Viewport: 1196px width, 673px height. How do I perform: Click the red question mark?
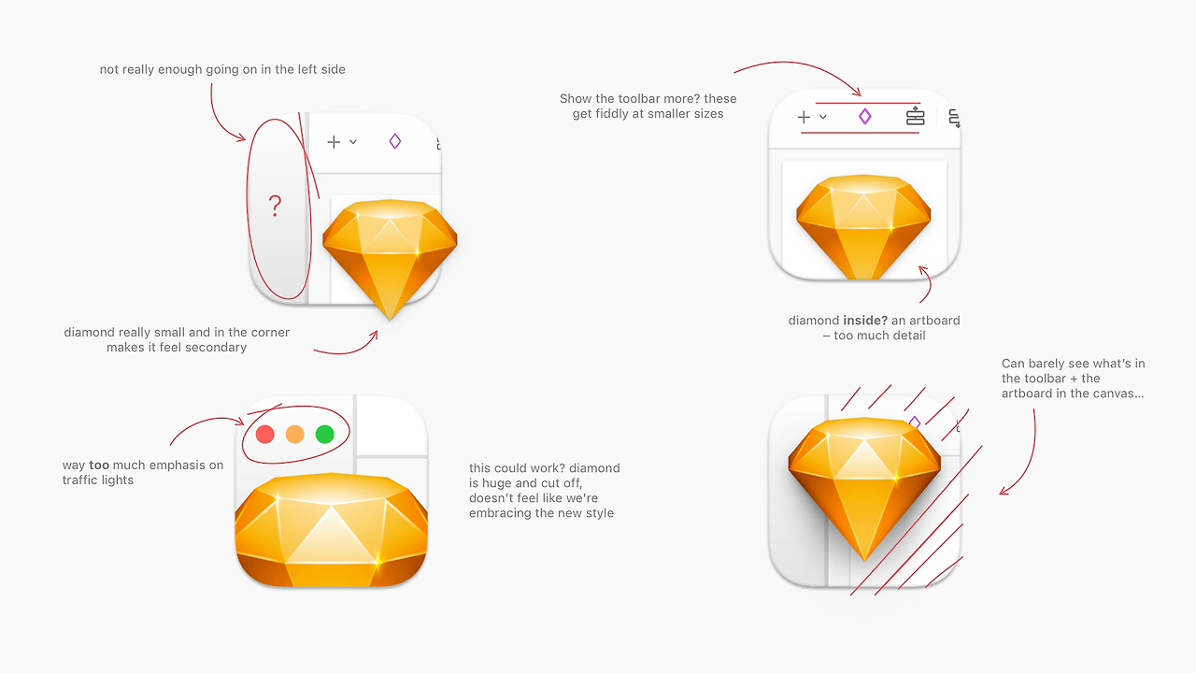(x=275, y=206)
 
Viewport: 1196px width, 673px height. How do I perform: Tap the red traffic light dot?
(x=265, y=435)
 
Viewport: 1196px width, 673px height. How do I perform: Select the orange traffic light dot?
(x=294, y=435)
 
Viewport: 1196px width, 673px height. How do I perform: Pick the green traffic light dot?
(x=324, y=435)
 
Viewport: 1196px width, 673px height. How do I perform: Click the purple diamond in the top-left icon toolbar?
(x=395, y=141)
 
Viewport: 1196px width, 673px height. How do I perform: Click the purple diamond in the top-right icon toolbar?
(x=865, y=117)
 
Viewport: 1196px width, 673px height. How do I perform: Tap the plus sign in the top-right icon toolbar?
(x=804, y=117)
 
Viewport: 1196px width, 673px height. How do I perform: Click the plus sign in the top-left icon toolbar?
(x=334, y=142)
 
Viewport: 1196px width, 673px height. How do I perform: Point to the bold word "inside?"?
(x=865, y=321)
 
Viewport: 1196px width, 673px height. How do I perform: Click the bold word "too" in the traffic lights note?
(x=99, y=465)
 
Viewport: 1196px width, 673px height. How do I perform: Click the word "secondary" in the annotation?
(x=220, y=348)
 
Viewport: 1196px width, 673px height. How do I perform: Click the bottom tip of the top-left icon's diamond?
(x=390, y=321)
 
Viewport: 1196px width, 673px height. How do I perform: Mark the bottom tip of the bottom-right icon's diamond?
(x=864, y=561)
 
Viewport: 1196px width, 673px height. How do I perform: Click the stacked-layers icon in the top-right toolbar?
(x=915, y=117)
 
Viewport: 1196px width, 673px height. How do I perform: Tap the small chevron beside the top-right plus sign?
(x=823, y=117)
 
